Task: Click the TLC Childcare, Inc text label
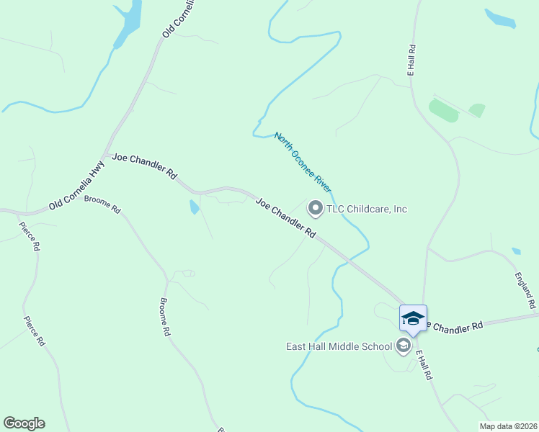coord(367,209)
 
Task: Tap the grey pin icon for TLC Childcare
coord(315,209)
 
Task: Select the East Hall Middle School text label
coord(338,346)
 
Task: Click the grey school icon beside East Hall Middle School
coord(404,346)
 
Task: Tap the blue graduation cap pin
coord(413,318)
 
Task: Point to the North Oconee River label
coord(302,163)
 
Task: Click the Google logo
coord(24,423)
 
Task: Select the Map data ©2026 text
coord(507,426)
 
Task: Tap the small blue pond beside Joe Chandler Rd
coord(194,207)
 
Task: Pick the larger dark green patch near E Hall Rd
coord(443,110)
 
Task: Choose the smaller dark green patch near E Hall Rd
coord(477,110)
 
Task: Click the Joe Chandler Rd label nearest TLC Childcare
coord(286,219)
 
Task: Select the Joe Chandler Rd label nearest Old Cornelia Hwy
coord(144,165)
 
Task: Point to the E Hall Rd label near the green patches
coord(411,61)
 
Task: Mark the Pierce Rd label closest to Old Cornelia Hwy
coord(28,235)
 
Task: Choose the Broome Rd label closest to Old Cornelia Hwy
coord(102,204)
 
